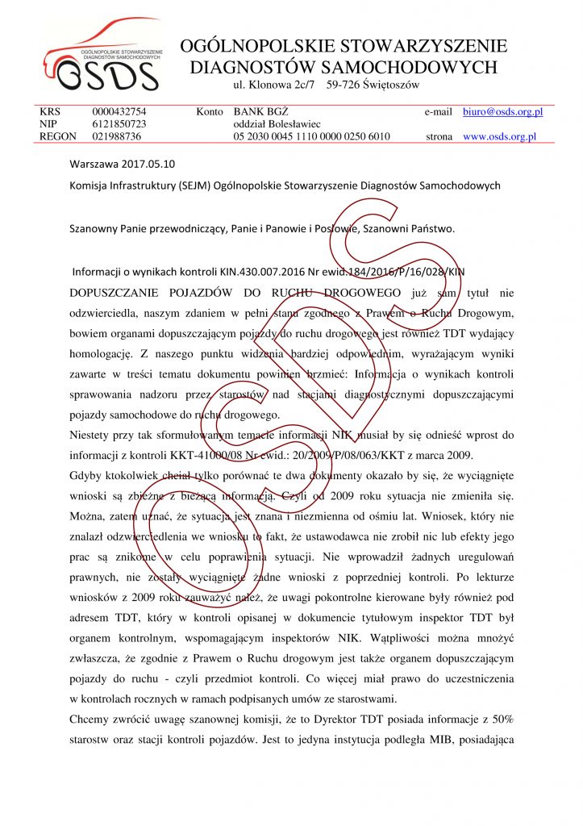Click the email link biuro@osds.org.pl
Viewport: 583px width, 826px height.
tap(502, 112)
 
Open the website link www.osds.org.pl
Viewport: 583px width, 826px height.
tap(499, 137)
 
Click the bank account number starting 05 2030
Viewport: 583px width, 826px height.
tap(311, 137)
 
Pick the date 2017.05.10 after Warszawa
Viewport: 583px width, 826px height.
tap(148, 164)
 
